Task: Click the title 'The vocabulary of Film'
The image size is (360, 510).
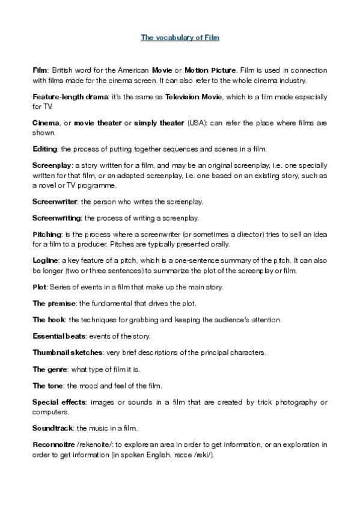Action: pyautogui.click(x=180, y=37)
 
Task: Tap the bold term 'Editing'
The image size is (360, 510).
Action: pyautogui.click(x=44, y=148)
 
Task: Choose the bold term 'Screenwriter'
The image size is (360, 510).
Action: pyautogui.click(x=53, y=201)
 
